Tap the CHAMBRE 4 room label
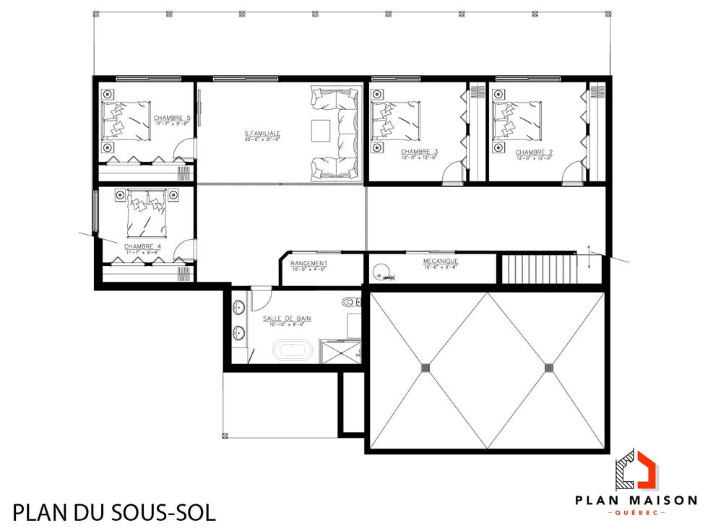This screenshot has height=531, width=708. coord(143,246)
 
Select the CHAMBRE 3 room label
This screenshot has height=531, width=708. coord(419,152)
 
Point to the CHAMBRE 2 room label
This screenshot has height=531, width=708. coord(534,152)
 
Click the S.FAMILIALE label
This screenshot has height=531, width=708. coord(262,133)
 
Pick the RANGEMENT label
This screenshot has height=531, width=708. coord(308,263)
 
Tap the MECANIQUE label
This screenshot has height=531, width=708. coord(441,261)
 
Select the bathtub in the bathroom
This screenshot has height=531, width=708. coord(293,352)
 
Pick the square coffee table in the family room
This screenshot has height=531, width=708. coord(321,131)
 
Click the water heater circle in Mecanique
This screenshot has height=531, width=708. coord(380,272)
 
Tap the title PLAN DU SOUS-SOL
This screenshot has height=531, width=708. coord(114,513)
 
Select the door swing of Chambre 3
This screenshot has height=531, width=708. coord(453,173)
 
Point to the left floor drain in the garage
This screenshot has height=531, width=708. coord(426,366)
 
